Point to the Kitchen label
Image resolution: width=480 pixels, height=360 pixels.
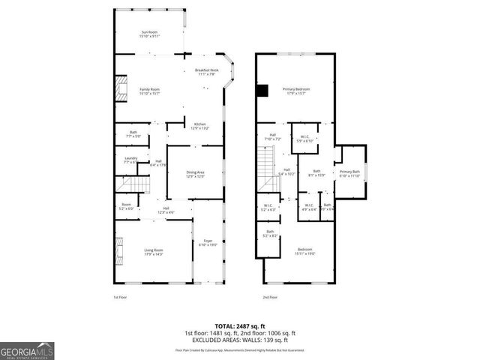pos(199,126)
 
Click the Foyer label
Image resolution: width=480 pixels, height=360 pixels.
pos(208,242)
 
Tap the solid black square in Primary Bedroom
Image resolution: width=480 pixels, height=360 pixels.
pos(261,91)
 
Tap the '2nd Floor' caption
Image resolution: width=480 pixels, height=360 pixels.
pos(269,298)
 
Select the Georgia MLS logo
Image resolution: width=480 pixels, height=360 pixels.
pos(27,349)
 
